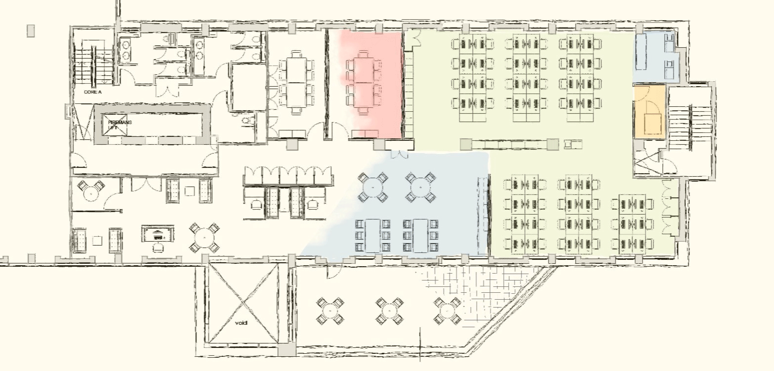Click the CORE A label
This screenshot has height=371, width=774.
point(93,92)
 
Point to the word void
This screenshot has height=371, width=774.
point(241,323)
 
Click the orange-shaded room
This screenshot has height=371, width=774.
point(649,112)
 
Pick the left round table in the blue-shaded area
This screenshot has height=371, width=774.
point(373,187)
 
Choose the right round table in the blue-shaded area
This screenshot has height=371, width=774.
point(420,187)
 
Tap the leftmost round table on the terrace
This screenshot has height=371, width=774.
point(330,311)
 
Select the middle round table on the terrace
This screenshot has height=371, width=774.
point(389,311)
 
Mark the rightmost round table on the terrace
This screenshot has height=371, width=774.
point(448,311)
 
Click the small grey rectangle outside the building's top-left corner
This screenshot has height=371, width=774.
point(31,31)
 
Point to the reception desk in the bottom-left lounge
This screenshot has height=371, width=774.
point(158,234)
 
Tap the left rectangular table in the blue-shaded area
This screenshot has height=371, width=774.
point(373,236)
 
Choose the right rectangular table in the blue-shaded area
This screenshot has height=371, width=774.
point(420,236)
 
